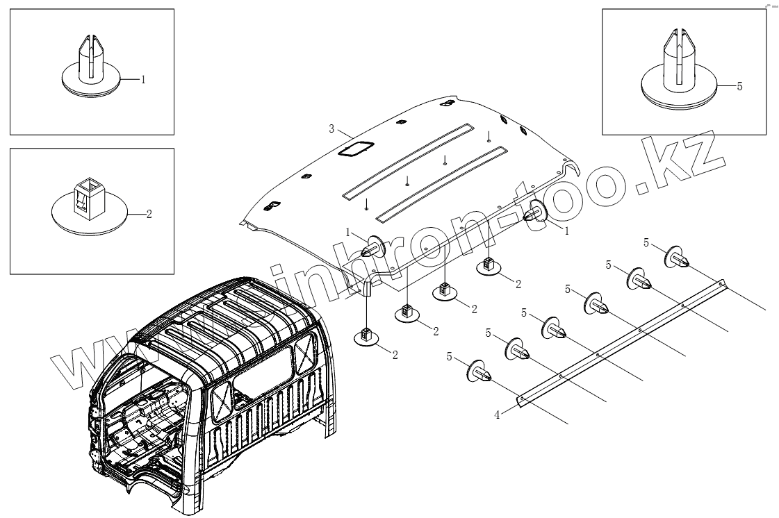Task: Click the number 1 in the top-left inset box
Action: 143,80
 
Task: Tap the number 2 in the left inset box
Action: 149,214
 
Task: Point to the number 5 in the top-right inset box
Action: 739,86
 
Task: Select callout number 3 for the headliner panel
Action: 332,128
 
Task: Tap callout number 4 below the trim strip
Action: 497,415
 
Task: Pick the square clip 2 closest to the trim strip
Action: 488,266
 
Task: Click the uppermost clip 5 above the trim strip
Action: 677,258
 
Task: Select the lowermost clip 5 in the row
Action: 479,371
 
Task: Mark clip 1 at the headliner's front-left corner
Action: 374,247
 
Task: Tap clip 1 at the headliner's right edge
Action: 536,211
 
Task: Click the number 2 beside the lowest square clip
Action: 395,355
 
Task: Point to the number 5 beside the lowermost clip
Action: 450,357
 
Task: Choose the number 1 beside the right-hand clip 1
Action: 566,231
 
